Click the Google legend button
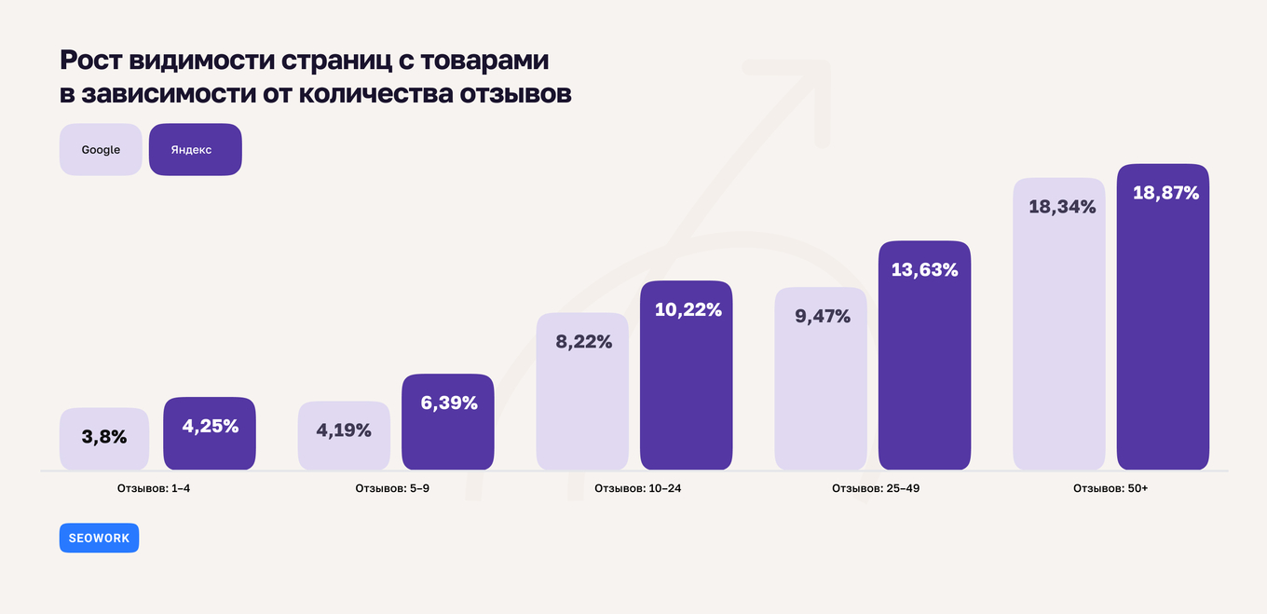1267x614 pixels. tap(101, 150)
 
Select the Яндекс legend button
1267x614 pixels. tap(195, 150)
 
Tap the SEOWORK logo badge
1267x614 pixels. tap(99, 539)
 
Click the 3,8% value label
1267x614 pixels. tap(104, 436)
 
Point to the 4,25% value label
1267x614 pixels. tap(210, 426)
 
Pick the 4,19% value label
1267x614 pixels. tap(344, 430)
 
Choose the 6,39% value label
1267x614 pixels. tap(448, 403)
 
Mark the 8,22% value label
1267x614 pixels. tap(583, 341)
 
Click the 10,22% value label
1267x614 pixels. tap(688, 309)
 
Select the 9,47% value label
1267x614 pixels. tap(822, 316)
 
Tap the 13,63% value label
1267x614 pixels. tap(924, 270)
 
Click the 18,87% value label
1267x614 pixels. tap(1165, 193)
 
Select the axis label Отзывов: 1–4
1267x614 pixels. tap(154, 487)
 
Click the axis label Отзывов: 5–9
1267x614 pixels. tap(392, 487)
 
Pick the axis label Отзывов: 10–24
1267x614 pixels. tap(631, 487)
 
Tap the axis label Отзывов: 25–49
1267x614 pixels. tap(869, 487)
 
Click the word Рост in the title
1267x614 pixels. tap(91, 61)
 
